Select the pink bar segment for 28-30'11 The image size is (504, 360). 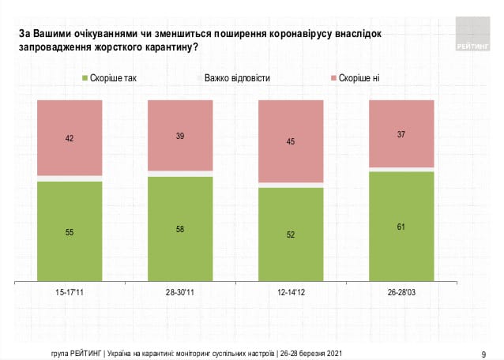pos(180,134)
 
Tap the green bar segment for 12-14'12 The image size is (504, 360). pos(291,233)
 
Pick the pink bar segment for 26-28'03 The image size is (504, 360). pos(401,133)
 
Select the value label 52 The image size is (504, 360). pos(291,234)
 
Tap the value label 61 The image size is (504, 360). pos(401,227)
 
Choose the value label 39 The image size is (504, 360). pos(180,136)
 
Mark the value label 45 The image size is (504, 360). pos(291,142)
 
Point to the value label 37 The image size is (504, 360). pos(401,133)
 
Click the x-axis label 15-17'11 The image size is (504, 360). pos(70,291)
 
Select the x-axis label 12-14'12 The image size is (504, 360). pos(291,291)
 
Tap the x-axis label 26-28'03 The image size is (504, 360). pos(401,291)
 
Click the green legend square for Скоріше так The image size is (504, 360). pos(85,78)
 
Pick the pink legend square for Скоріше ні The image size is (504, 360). pos(335,78)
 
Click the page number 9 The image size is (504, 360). pos(483,353)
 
